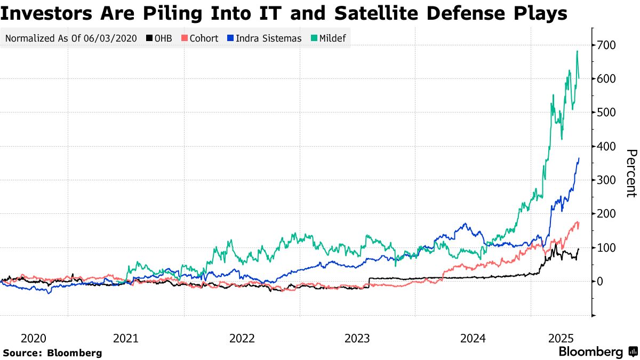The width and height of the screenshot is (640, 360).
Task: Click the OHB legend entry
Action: click(x=159, y=38)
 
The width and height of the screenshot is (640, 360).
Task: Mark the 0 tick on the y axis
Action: click(x=600, y=282)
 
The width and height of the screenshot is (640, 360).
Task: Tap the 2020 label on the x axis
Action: click(x=33, y=338)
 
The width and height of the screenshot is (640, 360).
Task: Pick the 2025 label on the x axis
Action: click(x=562, y=338)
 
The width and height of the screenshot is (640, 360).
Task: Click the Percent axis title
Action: click(x=630, y=173)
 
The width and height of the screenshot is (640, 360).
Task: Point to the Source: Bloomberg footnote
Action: click(x=52, y=353)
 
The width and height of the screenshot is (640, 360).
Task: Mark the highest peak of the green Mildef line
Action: click(x=577, y=51)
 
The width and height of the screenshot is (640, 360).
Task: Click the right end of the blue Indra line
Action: click(x=579, y=158)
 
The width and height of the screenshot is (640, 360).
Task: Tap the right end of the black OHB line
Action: click(x=579, y=249)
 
